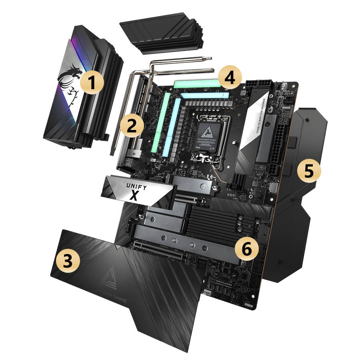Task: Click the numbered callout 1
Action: pyautogui.click(x=92, y=84)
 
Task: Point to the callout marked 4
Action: pyautogui.click(x=230, y=78)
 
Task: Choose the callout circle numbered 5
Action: pyautogui.click(x=309, y=171)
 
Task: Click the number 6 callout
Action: pyautogui.click(x=246, y=249)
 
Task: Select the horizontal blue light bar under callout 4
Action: pyautogui.click(x=204, y=96)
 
